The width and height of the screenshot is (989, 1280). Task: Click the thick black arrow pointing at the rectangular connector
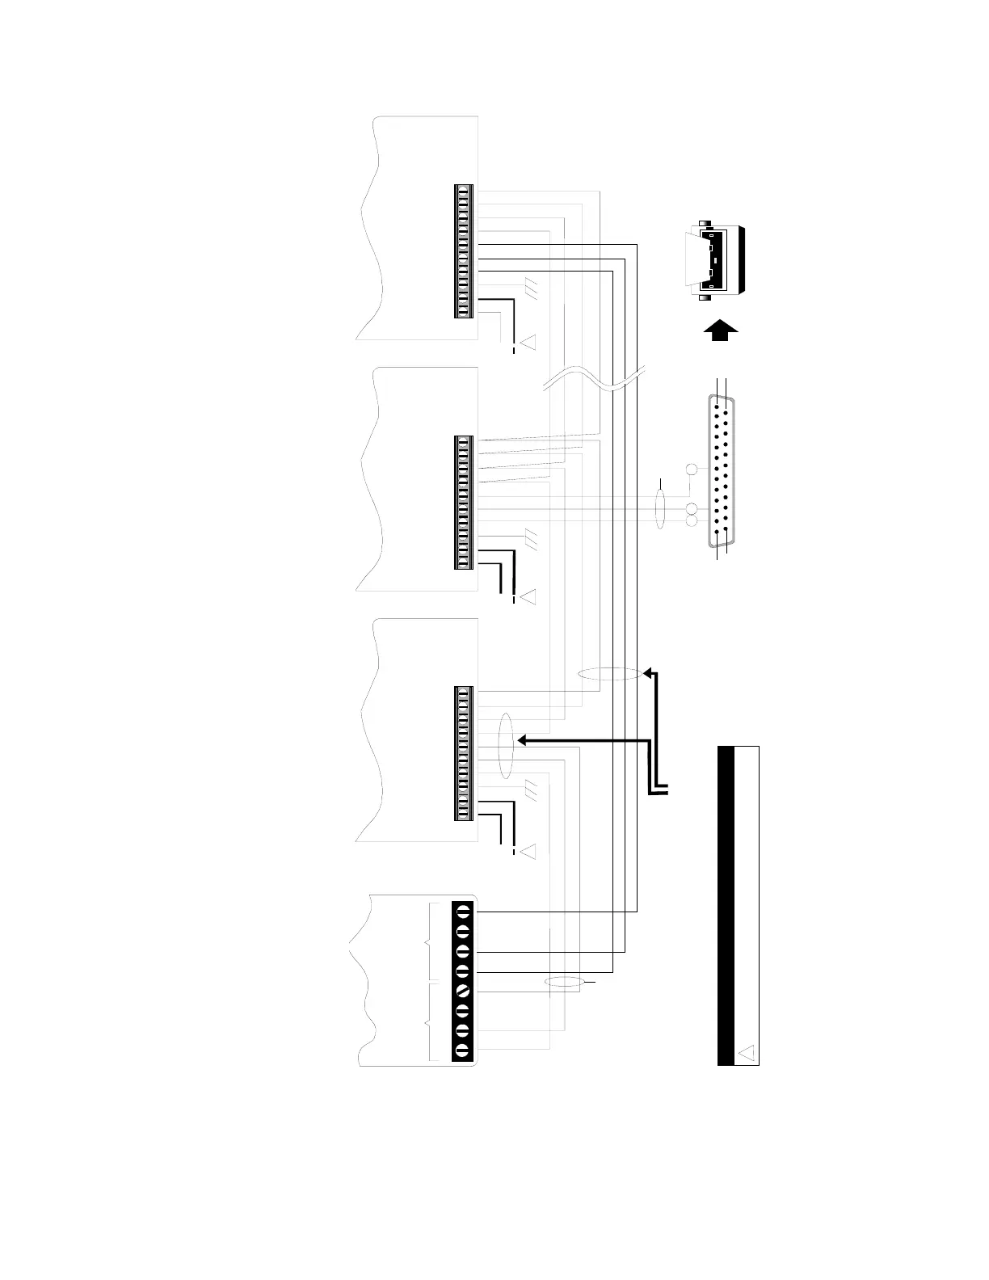tap(720, 330)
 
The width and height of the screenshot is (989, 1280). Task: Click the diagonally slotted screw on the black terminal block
tap(463, 989)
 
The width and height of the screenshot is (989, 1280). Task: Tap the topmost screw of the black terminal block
tap(463, 912)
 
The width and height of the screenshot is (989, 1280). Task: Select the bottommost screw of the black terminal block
tap(463, 1051)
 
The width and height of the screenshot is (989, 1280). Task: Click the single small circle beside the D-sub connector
tap(692, 469)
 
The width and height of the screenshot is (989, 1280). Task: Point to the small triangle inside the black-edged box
tap(747, 1052)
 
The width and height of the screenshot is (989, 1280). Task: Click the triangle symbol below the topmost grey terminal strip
tap(528, 343)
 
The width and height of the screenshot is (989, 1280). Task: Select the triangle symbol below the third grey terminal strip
tap(528, 851)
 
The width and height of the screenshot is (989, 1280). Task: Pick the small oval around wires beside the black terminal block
tap(563, 983)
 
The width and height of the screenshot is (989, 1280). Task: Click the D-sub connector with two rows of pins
tap(722, 469)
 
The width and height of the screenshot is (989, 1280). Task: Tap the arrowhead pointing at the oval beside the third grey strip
tap(520, 739)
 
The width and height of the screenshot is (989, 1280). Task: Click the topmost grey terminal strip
tap(464, 252)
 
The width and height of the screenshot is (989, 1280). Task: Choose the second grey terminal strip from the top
tap(464, 503)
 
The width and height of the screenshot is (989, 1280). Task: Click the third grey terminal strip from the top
tap(464, 753)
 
